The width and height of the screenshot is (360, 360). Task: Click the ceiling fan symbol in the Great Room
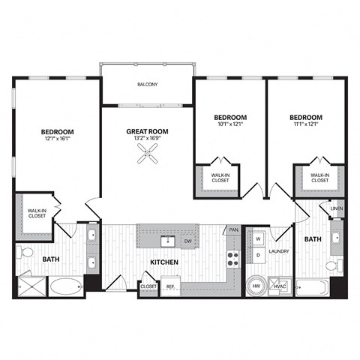147,156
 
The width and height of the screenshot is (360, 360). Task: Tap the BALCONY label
147,85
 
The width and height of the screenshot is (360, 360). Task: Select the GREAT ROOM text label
147,131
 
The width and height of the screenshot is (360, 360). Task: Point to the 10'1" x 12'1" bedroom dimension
230,124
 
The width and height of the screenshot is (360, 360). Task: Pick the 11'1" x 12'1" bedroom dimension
305,124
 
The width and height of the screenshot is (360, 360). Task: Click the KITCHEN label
163,262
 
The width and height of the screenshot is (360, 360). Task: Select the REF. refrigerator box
170,286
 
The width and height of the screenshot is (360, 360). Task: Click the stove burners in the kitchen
232,259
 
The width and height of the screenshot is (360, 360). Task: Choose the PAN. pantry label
234,229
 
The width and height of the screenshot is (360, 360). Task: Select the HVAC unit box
280,286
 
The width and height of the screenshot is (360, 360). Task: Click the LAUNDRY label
279,251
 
